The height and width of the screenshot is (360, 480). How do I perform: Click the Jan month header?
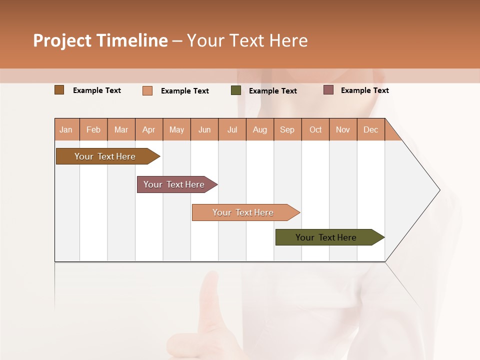coord(66,129)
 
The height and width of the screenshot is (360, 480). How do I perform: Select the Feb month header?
coord(93,129)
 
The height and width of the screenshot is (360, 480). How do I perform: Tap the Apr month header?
coord(148,129)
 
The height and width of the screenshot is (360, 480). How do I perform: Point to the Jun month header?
coord(204,129)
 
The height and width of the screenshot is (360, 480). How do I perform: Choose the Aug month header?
coord(259,129)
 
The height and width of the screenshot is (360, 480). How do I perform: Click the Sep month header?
coord(287,129)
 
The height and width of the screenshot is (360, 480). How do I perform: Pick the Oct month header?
coord(315,129)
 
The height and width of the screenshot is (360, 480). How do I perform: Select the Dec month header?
coord(370,129)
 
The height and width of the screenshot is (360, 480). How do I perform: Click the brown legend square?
coord(59,90)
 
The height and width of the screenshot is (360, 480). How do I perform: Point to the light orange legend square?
coord(147,90)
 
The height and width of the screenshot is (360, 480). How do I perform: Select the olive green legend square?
coord(236,90)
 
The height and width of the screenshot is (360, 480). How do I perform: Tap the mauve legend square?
coord(328,90)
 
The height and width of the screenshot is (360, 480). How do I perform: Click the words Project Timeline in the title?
coord(100,40)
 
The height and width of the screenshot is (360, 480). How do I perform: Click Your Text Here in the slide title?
coord(247,40)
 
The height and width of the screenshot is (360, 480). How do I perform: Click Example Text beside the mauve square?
coord(364,90)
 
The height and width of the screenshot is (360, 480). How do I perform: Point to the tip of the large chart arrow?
coord(439,189)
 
